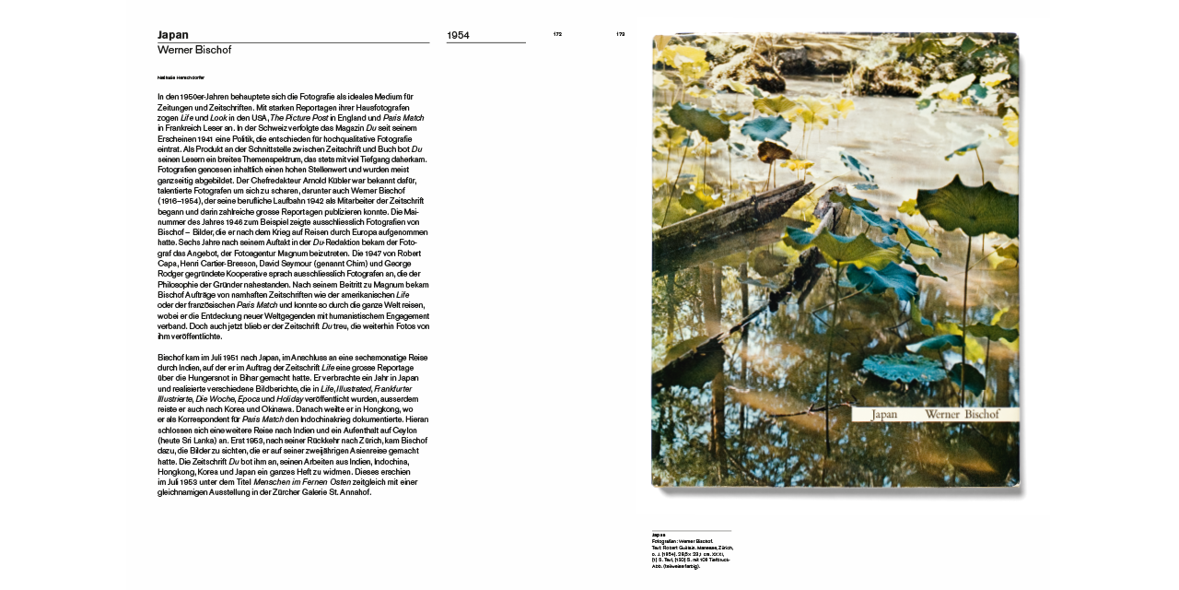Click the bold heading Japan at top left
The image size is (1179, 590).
pyautogui.click(x=173, y=35)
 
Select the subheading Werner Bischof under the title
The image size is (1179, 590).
pyautogui.click(x=193, y=50)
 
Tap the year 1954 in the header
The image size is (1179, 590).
pyautogui.click(x=458, y=36)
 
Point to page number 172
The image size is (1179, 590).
pyautogui.click(x=557, y=34)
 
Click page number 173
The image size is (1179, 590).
pyautogui.click(x=621, y=34)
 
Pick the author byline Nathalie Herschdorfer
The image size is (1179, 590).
pyautogui.click(x=181, y=77)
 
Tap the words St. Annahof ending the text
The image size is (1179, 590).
pyautogui.click(x=345, y=492)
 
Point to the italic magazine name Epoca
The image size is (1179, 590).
pyautogui.click(x=249, y=399)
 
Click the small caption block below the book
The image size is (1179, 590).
pyautogui.click(x=692, y=550)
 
